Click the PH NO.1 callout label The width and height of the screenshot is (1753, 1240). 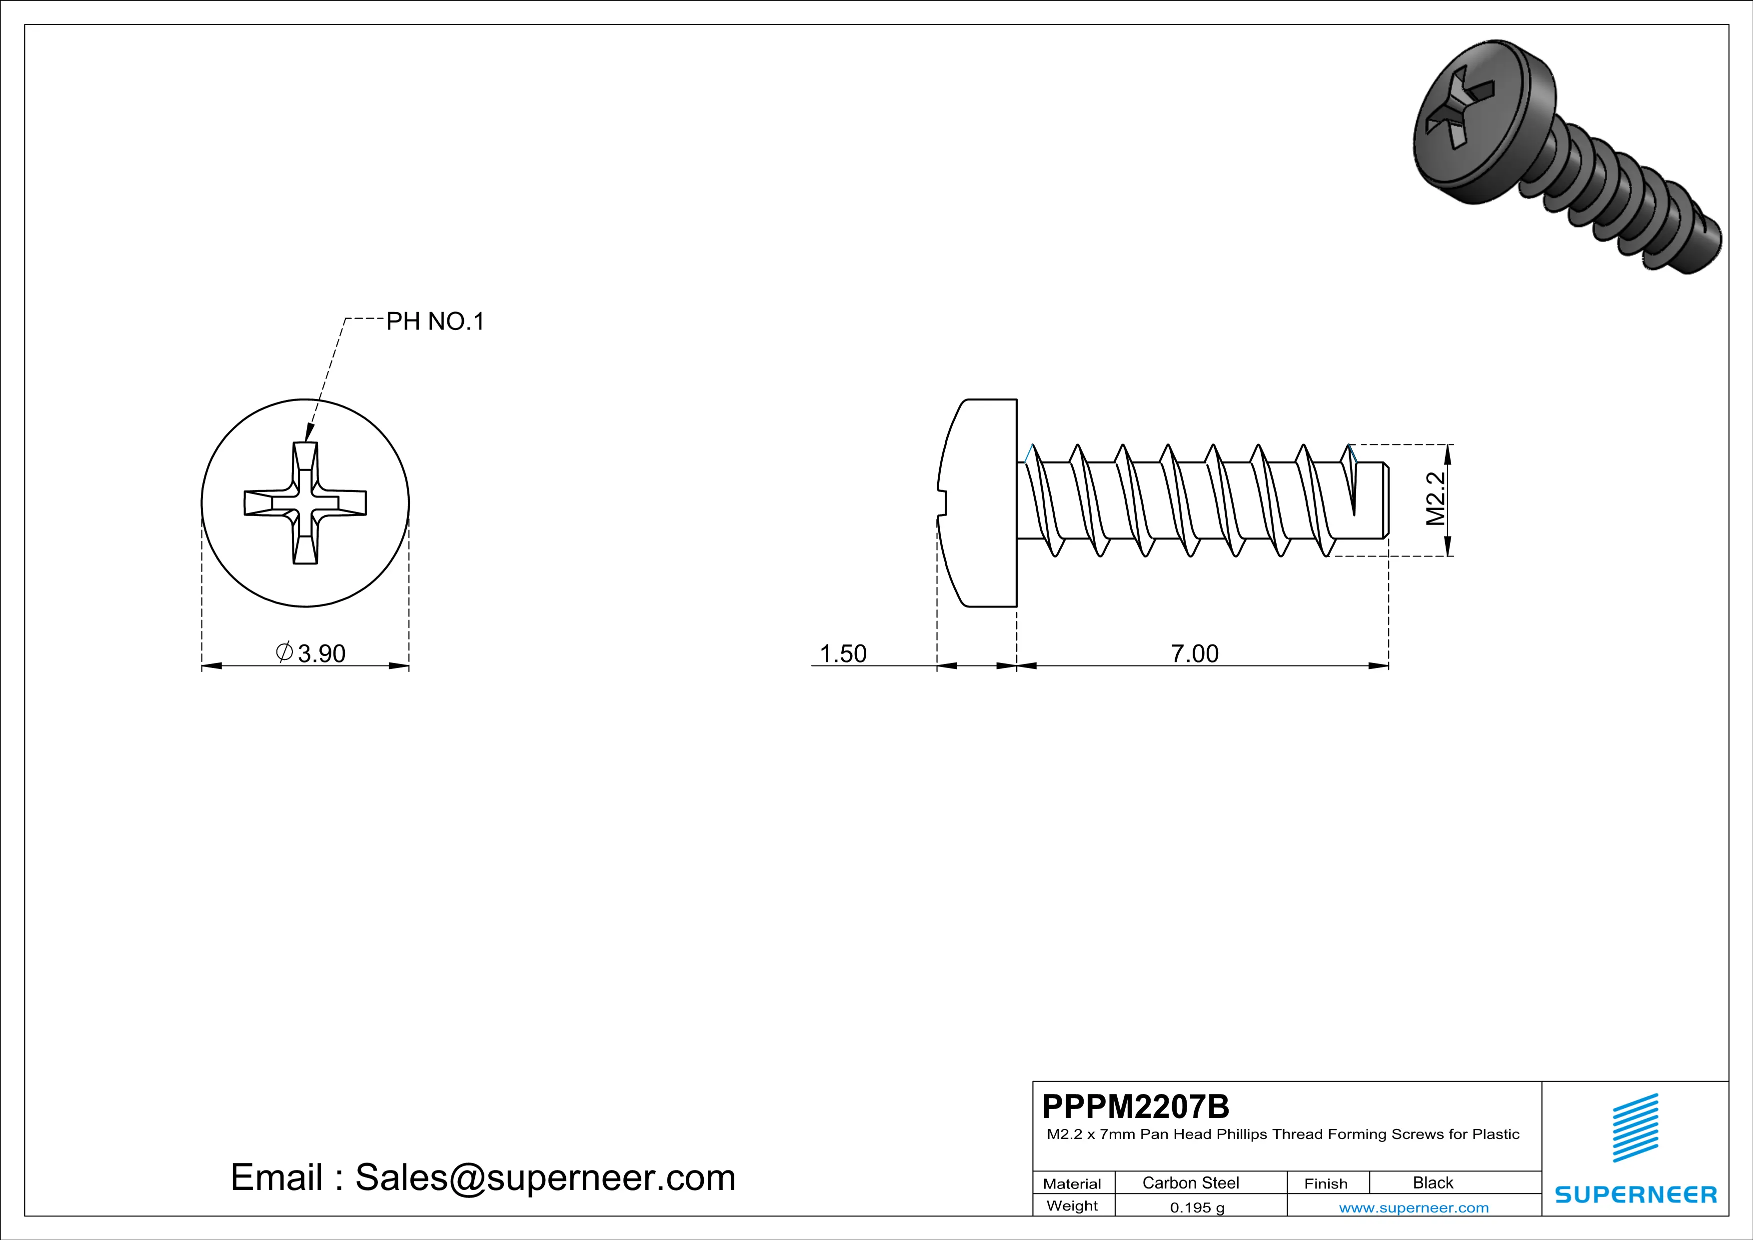point(435,321)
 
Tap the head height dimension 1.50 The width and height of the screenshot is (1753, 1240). point(843,653)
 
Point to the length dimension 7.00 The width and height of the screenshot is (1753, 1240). point(1195,653)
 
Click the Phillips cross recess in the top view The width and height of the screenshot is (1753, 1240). point(305,503)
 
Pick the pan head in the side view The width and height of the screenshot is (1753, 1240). point(981,503)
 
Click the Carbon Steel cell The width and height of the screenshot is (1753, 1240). point(1190,1182)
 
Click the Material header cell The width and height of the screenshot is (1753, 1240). point(1072,1183)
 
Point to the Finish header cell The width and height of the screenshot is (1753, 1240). point(1326,1183)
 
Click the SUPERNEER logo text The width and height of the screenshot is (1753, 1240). point(1636,1194)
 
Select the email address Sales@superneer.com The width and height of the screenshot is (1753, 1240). point(545,1177)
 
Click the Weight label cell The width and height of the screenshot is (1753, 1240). point(1072,1205)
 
